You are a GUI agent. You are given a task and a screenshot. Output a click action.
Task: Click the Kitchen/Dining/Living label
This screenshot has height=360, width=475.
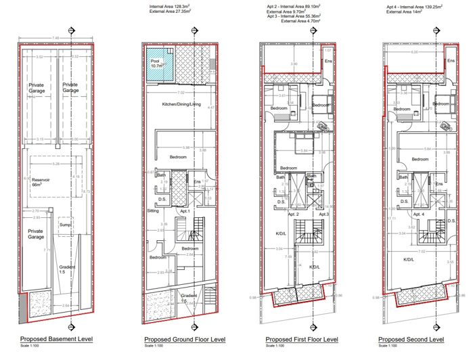pos(181,104)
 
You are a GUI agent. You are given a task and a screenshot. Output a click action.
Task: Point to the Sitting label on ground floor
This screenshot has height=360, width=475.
pos(153,210)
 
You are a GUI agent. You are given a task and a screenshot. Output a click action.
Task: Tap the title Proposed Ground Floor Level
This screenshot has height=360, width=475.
pos(185,339)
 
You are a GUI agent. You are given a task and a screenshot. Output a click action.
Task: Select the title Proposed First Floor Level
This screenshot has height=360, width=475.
pos(301,339)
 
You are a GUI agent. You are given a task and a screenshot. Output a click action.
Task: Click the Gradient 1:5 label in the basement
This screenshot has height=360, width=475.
pos(66,270)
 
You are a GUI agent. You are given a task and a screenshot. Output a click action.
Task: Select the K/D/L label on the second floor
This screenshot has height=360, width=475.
pos(409,258)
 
